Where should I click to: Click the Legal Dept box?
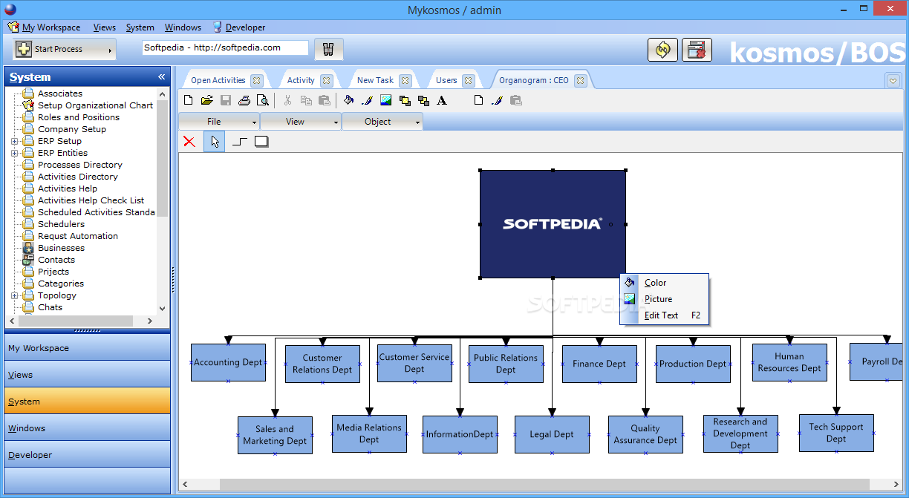pyautogui.click(x=552, y=434)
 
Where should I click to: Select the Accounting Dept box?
pyautogui.click(x=229, y=362)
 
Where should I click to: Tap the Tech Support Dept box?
pyautogui.click(x=836, y=433)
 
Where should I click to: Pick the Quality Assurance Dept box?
pyautogui.click(x=645, y=434)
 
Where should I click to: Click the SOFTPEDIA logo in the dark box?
pyautogui.click(x=553, y=224)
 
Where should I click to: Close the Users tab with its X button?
pyautogui.click(x=469, y=80)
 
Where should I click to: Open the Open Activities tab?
pyautogui.click(x=218, y=80)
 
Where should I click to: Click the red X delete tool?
pyautogui.click(x=189, y=142)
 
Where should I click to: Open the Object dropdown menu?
pyautogui.click(x=382, y=122)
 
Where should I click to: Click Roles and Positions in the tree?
pyautogui.click(x=79, y=117)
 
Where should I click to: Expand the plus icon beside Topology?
pyautogui.click(x=14, y=295)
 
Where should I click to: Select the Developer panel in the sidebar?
pyautogui.click(x=87, y=455)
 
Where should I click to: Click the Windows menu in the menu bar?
pyautogui.click(x=183, y=27)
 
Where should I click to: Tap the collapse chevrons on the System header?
pyautogui.click(x=161, y=76)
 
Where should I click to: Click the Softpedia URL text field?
pyautogui.click(x=225, y=47)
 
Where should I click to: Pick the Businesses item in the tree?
pyautogui.click(x=62, y=248)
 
